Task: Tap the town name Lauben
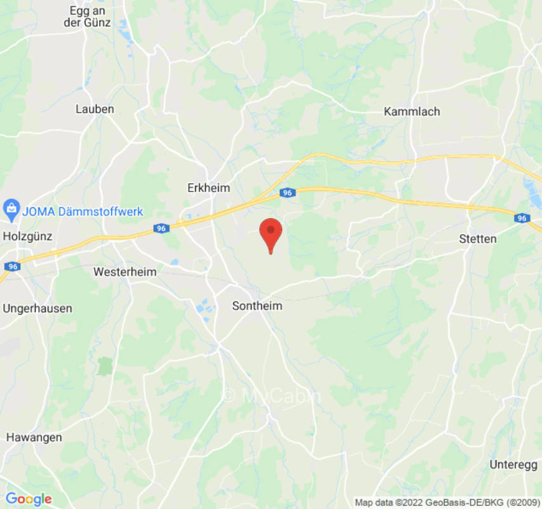[95, 109]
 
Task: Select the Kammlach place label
[412, 111]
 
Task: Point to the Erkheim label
[208, 188]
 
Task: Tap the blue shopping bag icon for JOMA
[11, 207]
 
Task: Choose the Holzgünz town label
[27, 236]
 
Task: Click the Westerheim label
[125, 272]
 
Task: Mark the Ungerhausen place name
[37, 308]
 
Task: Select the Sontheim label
[257, 306]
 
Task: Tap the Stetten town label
[477, 239]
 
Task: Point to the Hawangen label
[34, 437]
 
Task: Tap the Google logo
[28, 499]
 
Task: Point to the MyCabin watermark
[271, 395]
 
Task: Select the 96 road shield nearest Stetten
[522, 218]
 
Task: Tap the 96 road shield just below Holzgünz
[13, 267]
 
